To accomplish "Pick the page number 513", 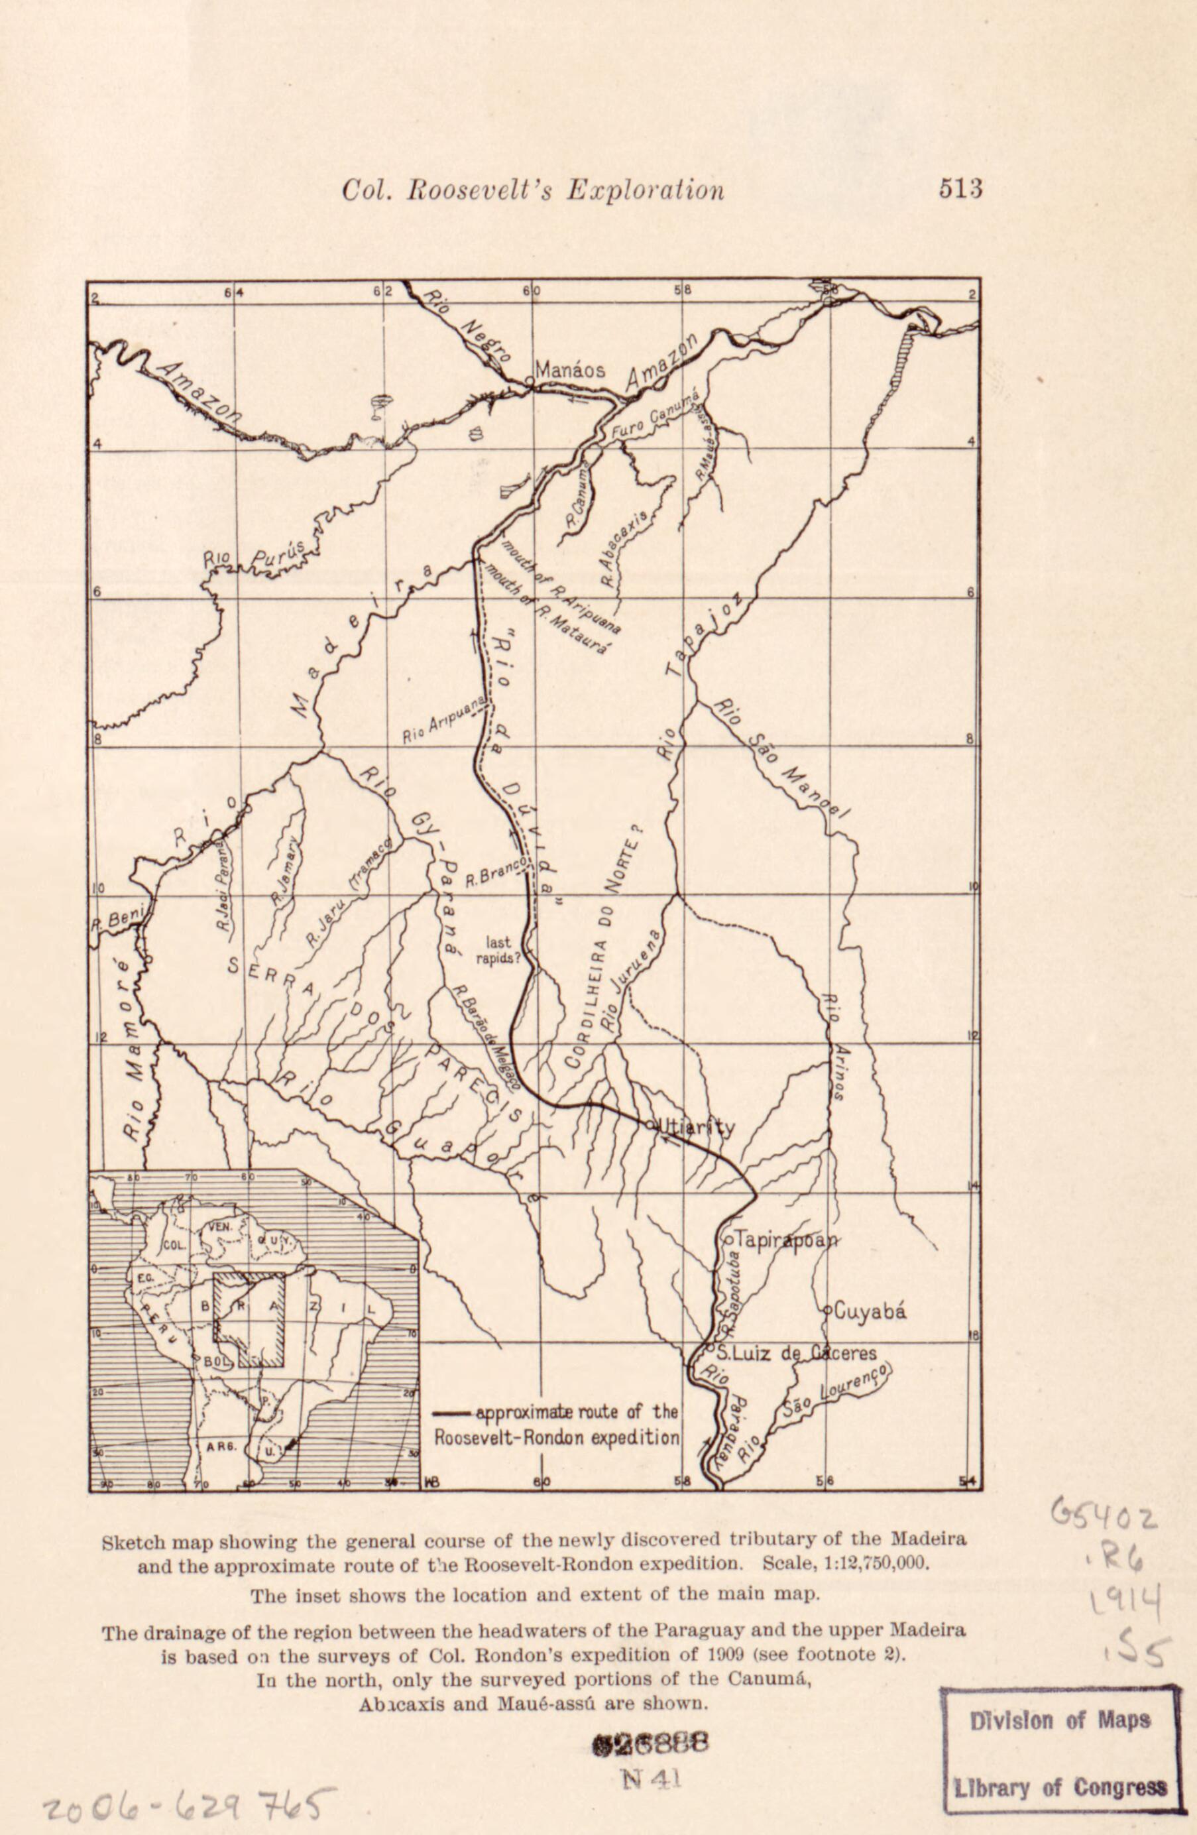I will tap(960, 189).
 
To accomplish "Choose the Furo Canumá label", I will tap(655, 417).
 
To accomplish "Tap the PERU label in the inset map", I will tap(162, 1319).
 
